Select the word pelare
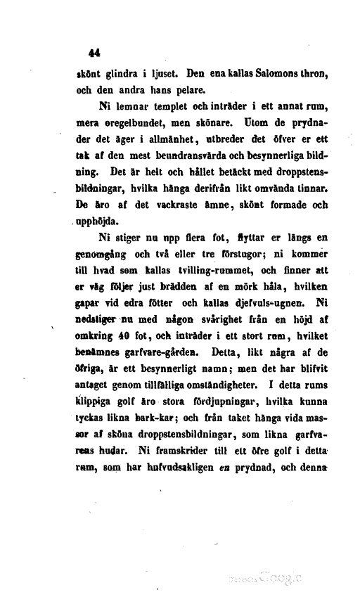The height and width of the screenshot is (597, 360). coord(176,90)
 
